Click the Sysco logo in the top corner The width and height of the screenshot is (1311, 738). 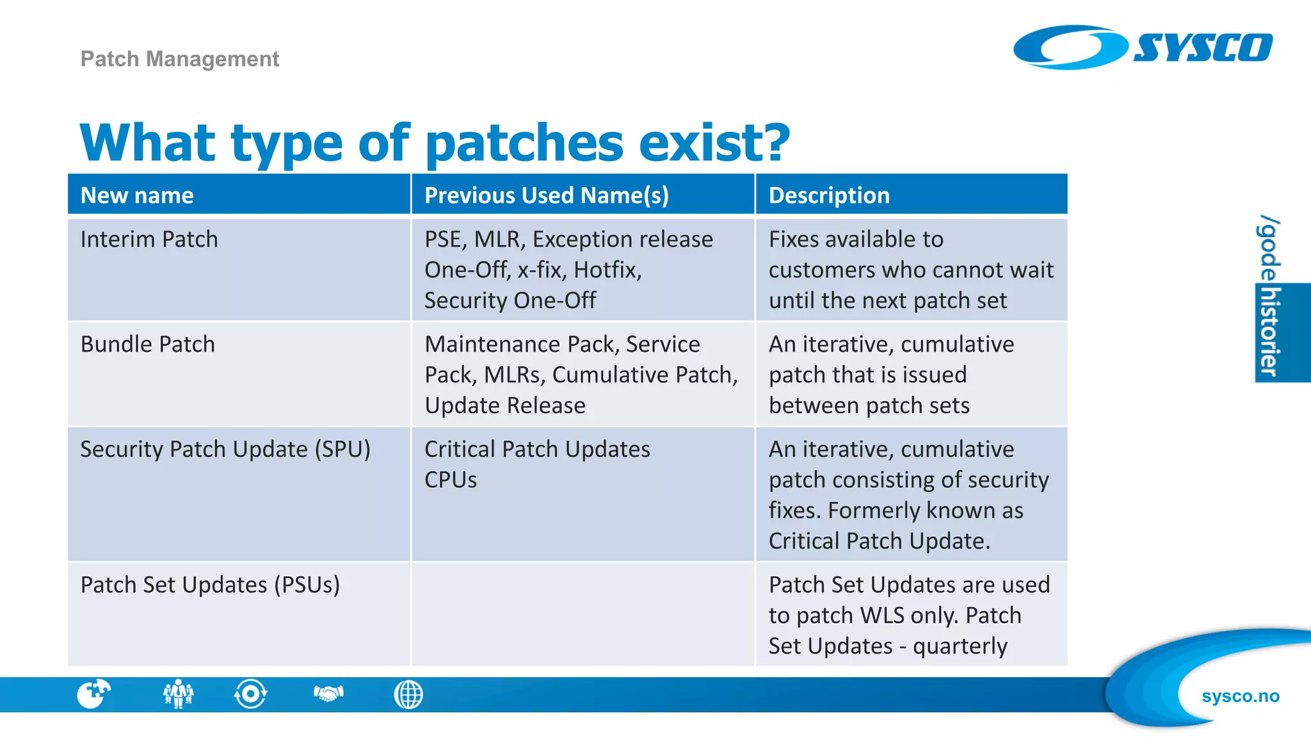click(x=1143, y=47)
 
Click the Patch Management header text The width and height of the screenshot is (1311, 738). click(x=179, y=59)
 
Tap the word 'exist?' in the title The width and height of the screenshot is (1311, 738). click(x=714, y=142)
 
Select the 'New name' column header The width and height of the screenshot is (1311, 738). click(x=137, y=195)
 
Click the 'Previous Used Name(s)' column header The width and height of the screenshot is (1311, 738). click(x=546, y=195)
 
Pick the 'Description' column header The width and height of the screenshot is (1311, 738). click(x=828, y=195)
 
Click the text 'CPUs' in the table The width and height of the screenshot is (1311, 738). click(x=451, y=480)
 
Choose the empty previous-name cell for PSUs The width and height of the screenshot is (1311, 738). click(x=583, y=614)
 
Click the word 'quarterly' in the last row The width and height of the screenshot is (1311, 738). click(x=960, y=646)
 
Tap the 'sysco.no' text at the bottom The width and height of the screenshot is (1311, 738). click(x=1240, y=696)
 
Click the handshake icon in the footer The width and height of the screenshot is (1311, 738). click(x=329, y=694)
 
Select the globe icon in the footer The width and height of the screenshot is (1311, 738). click(x=408, y=694)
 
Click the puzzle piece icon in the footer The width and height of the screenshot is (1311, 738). click(x=93, y=694)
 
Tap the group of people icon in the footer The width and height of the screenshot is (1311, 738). click(x=178, y=694)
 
